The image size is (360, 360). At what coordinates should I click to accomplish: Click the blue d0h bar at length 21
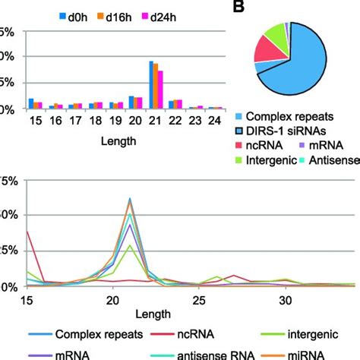point(151,84)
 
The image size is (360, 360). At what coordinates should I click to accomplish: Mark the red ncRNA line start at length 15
point(27,232)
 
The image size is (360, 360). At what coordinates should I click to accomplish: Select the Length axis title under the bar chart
point(122,141)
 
